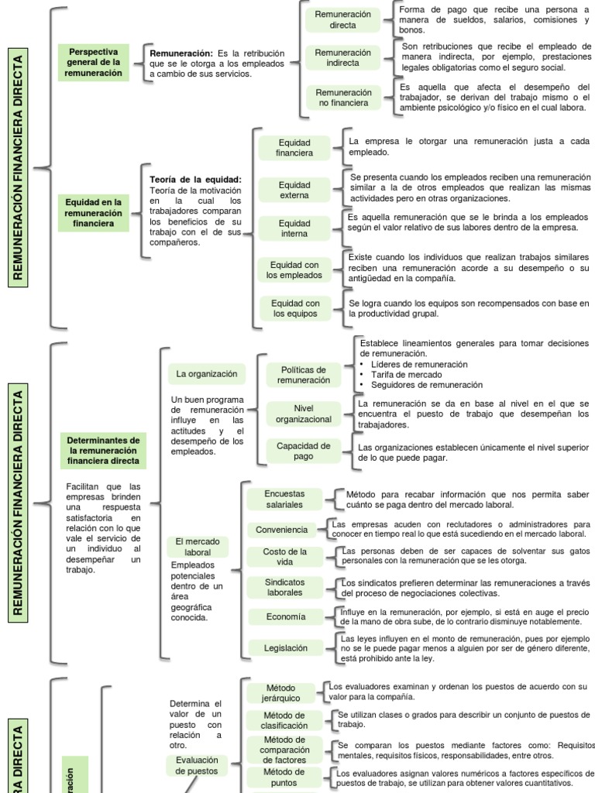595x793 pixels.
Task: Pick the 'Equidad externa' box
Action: click(294, 191)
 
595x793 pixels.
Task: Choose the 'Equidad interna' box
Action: click(294, 228)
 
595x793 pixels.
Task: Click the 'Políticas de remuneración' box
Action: click(304, 375)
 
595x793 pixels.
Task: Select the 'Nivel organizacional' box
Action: click(304, 414)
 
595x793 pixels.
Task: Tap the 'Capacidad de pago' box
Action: click(304, 451)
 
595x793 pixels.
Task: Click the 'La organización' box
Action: click(206, 374)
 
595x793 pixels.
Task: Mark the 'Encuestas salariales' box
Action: click(284, 499)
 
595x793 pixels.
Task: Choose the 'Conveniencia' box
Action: click(284, 530)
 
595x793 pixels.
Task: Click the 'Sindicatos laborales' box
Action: click(285, 587)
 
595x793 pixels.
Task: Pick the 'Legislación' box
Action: click(285, 648)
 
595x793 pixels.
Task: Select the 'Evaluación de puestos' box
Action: click(197, 765)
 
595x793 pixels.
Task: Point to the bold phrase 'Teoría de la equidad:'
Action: click(195, 180)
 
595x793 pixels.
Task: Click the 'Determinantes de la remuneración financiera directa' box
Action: click(102, 450)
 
